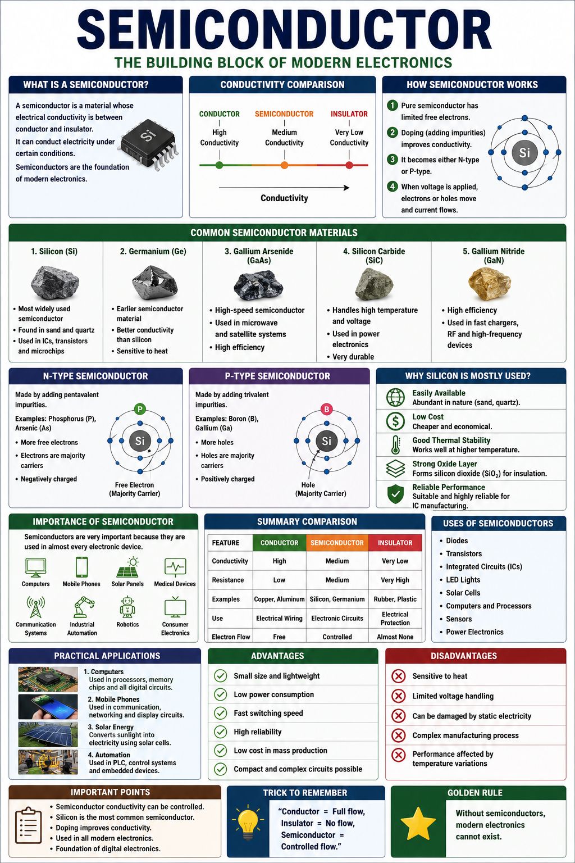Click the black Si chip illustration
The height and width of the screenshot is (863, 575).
[x=150, y=144]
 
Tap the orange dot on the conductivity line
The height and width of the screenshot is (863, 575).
[x=284, y=165]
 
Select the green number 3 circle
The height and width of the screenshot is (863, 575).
[x=392, y=159]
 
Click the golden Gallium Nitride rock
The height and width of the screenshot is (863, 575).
[x=490, y=284]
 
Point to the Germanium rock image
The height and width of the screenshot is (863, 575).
[x=155, y=284]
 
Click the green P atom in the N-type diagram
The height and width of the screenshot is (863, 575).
[x=140, y=409]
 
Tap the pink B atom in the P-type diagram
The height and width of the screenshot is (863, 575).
[x=327, y=409]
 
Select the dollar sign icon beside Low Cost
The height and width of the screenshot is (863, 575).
[x=395, y=421]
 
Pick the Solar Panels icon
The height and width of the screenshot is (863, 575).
[x=128, y=567]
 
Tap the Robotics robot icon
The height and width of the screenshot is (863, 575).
[x=127, y=607]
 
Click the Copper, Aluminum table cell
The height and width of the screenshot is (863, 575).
[x=279, y=599]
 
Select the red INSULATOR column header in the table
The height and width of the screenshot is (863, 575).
[x=395, y=542]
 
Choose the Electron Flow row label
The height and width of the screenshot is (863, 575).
[x=231, y=637]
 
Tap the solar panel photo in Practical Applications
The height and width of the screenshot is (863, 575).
[x=48, y=734]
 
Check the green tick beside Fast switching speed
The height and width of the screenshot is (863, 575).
[x=220, y=713]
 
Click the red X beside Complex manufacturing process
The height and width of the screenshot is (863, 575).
[x=399, y=735]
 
